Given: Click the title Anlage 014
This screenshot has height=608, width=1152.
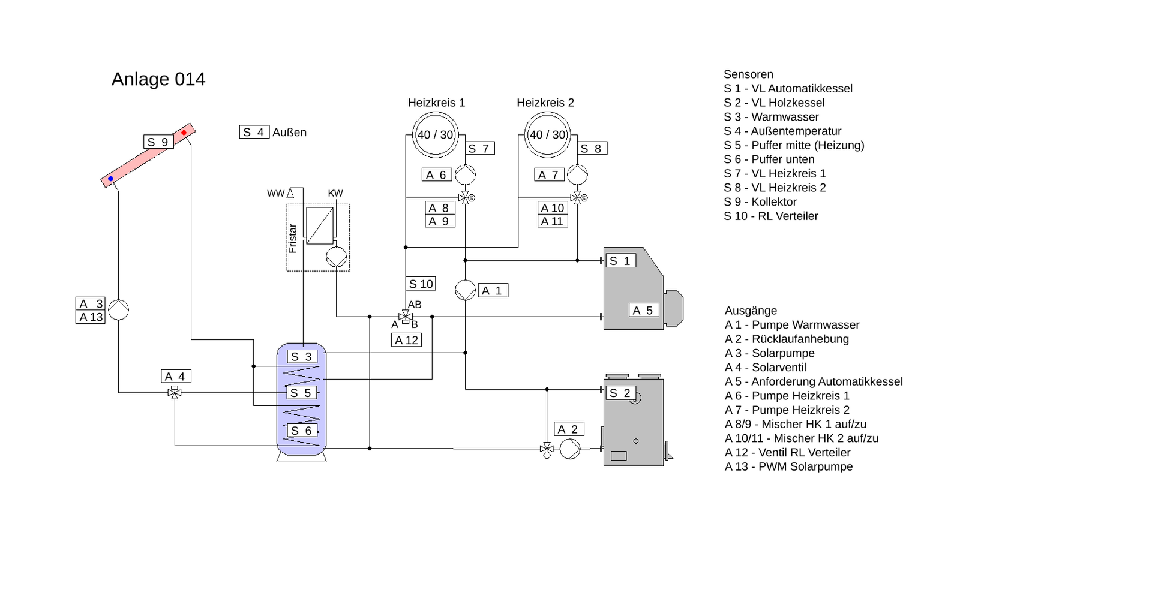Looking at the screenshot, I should [158, 79].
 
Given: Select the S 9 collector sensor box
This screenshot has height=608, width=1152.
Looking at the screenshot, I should [158, 142].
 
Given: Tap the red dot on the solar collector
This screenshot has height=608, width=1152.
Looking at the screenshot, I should [184, 132].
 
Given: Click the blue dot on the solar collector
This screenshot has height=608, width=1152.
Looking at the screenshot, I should [110, 179].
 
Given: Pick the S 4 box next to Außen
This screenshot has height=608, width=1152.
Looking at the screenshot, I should [254, 132].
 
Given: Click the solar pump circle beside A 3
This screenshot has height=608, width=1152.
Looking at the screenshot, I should [119, 310].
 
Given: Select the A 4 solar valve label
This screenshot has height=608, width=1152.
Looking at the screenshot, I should [176, 377].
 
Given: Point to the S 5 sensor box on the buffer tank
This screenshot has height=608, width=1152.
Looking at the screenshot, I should [301, 393].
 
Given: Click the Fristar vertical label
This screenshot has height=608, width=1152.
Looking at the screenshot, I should [293, 239].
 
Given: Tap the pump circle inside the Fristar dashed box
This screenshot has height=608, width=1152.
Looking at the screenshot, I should [336, 257].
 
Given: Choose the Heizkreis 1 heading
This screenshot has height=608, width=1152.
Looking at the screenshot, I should [436, 103].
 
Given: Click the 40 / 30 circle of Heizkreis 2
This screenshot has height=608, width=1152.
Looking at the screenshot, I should [547, 134].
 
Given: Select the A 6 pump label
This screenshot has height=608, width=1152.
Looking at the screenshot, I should [436, 175].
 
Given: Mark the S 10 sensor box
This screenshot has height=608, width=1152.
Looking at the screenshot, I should [421, 284].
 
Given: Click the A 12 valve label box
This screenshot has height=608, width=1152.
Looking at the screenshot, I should [406, 340].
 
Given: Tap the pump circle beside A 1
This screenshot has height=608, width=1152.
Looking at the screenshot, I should [465, 290].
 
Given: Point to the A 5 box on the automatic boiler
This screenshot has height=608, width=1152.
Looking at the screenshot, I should [644, 311].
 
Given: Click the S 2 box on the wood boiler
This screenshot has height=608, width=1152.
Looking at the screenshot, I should [620, 393].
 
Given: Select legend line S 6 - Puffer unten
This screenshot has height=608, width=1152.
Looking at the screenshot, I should [769, 159].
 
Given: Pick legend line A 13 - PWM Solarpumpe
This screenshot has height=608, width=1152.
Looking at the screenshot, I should [788, 466].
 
